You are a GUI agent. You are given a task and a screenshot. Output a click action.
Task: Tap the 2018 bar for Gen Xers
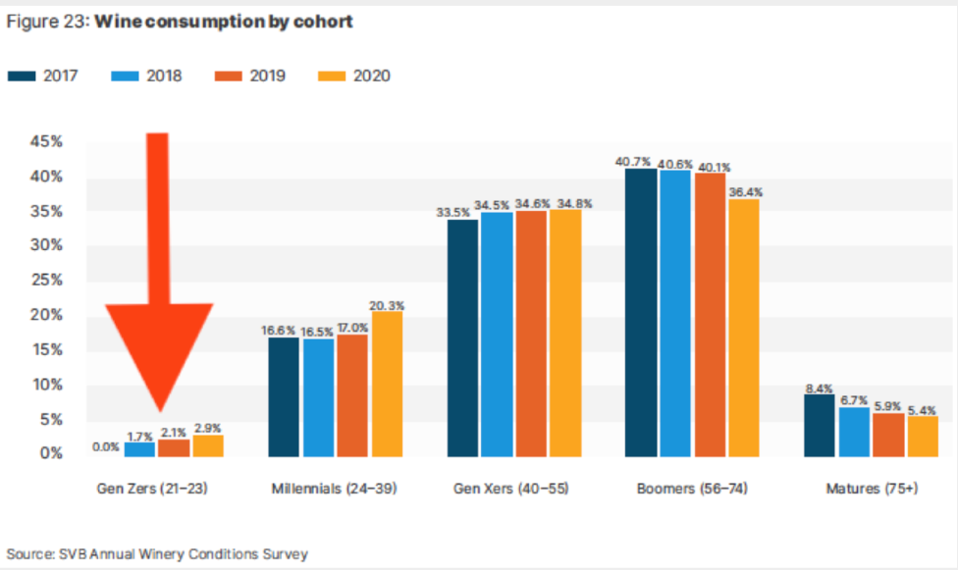(x=495, y=335)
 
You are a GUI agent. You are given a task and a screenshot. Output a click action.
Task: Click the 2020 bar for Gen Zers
(x=208, y=446)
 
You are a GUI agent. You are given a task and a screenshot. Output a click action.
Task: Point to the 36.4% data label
(x=745, y=192)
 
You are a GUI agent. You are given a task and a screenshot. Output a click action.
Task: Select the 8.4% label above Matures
(x=820, y=389)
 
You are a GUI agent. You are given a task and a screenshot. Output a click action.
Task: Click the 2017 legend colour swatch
(x=22, y=76)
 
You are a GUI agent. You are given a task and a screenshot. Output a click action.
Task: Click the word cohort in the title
(x=322, y=22)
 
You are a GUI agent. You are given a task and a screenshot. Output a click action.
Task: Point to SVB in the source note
(x=74, y=554)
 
